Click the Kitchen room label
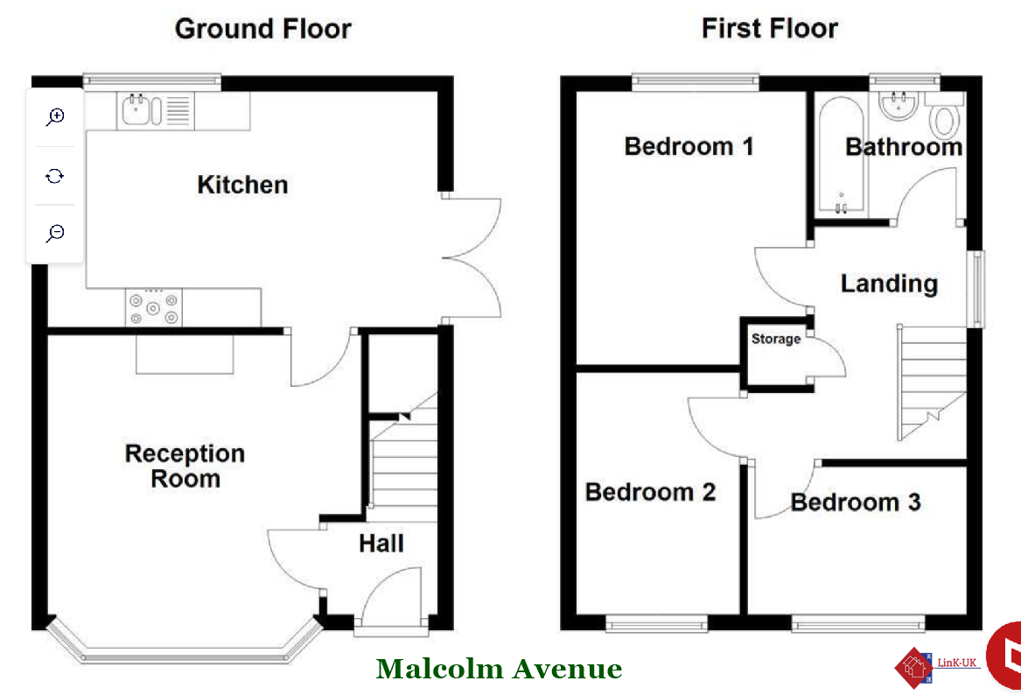tap(242, 185)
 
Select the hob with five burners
tap(154, 307)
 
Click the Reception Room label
tap(185, 466)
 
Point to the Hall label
tap(381, 544)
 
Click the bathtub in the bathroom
tap(842, 155)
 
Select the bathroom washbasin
tap(899, 106)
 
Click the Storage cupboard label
tap(776, 339)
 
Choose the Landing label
tap(889, 284)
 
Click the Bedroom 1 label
tap(689, 146)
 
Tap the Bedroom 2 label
tap(651, 492)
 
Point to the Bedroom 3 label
tap(856, 502)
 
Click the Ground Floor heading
tap(263, 29)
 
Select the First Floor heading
tap(770, 29)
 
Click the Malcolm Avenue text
tap(499, 669)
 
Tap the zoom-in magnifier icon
tap(55, 116)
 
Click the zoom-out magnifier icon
tap(55, 233)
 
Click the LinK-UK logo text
tap(956, 663)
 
